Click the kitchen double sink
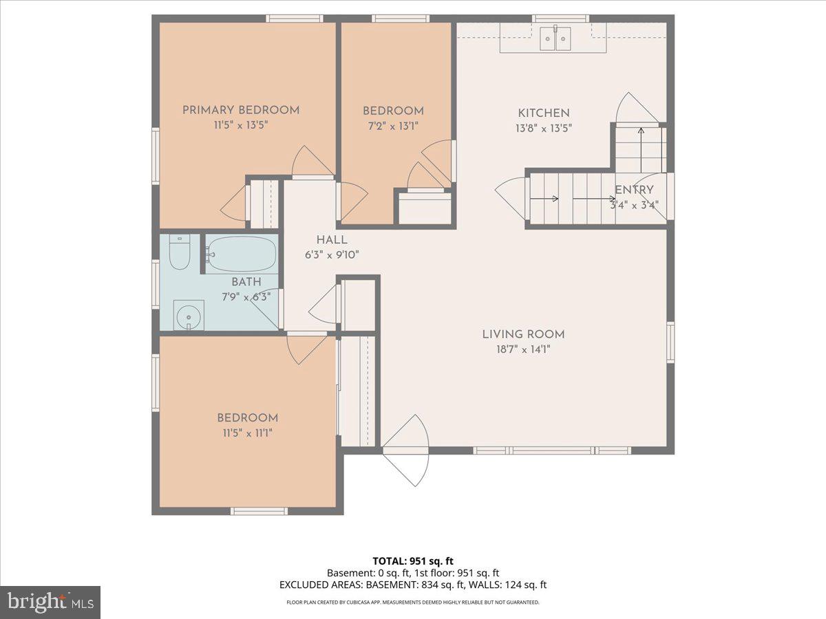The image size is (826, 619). point(556,39)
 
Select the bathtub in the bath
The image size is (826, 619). point(242,254)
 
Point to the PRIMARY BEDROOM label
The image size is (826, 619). point(240,110)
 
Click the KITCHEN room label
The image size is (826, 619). point(544,113)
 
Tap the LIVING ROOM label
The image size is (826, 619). point(523,334)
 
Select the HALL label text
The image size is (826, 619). point(332,240)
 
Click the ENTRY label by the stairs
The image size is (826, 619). point(634,191)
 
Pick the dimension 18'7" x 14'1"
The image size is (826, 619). point(523,349)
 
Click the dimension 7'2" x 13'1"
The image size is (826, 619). point(392,125)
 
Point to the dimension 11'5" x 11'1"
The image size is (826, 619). point(248,433)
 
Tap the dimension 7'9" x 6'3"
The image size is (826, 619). point(246,296)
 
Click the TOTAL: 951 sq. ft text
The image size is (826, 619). point(412,561)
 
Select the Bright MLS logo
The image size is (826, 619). point(50,602)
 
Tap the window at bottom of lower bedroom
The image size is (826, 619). point(259,511)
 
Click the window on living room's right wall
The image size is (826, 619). point(670,342)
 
